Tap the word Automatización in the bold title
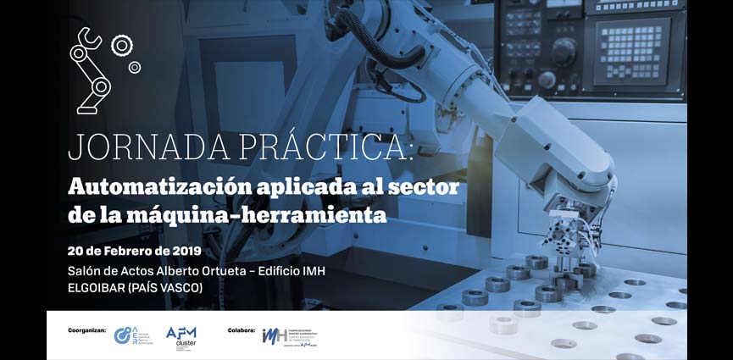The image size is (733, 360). (163, 186)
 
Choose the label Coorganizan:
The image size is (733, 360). (87, 330)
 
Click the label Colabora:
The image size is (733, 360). (242, 330)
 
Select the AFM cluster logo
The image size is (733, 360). (181, 336)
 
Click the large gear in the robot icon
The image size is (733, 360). (122, 45)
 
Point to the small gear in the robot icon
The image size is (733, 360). (134, 67)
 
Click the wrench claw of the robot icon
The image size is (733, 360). (86, 38)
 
